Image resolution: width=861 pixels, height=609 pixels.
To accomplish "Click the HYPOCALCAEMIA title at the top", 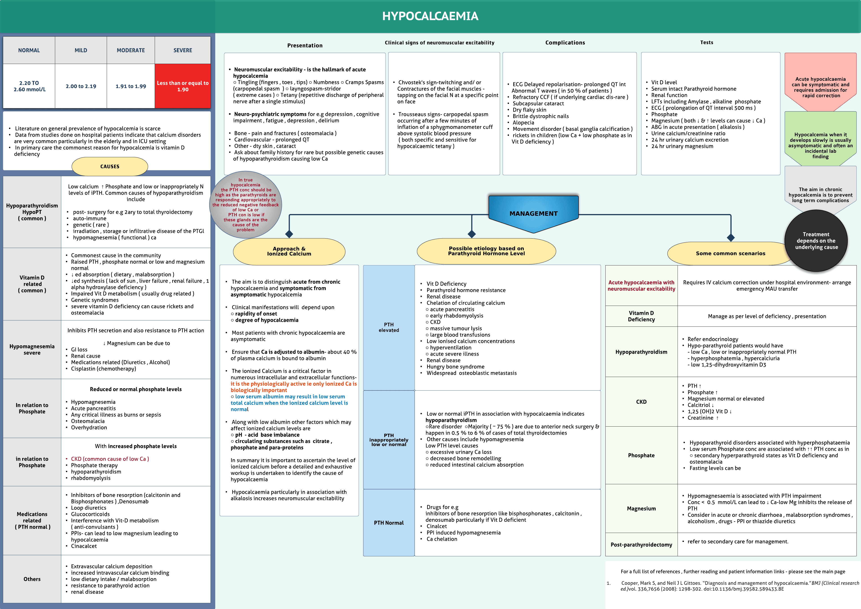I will [430, 16].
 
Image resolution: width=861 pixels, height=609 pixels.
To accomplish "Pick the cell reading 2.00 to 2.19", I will [81, 86].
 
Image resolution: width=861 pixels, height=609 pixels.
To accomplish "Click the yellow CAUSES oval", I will [110, 166].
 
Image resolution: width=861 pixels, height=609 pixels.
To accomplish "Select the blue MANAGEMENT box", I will [533, 213].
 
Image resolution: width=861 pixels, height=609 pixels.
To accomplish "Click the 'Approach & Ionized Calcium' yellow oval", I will [289, 251].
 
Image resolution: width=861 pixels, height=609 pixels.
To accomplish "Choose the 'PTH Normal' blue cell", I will [389, 523].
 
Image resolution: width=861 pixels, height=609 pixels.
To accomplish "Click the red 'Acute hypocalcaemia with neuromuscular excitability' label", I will [641, 286].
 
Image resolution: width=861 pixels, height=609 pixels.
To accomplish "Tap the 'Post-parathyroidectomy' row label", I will [641, 544].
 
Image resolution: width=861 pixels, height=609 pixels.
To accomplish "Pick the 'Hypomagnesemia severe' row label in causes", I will [32, 349].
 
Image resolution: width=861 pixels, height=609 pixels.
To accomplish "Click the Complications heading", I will [565, 43].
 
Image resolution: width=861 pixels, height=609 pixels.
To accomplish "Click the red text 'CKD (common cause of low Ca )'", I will [110, 459].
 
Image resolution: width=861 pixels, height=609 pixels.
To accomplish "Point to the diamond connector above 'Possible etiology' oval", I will [472, 234].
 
